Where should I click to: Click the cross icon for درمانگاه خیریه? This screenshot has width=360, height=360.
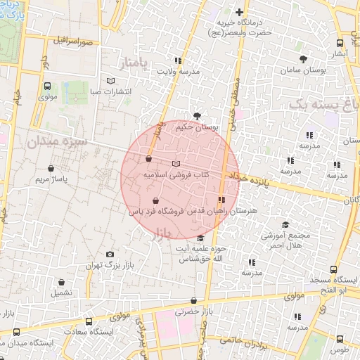tap(240, 12)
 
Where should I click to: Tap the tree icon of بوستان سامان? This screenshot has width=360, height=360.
tap(303, 59)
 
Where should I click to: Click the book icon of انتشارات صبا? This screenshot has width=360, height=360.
tap(109, 80)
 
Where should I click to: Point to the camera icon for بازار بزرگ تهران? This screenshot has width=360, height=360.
tap(110, 255)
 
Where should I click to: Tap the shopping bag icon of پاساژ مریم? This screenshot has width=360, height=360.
tap(52, 168)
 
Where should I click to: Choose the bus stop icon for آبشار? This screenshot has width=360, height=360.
tap(340, 42)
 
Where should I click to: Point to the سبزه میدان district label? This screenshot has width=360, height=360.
tap(58, 141)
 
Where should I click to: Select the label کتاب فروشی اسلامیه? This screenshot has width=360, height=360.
tap(177, 173)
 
